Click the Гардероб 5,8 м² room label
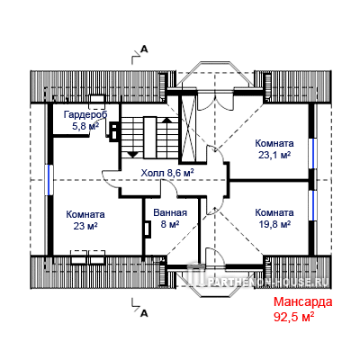click(85, 121)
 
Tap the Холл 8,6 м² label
click(167, 173)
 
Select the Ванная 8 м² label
click(170, 218)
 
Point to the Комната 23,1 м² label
click(274, 148)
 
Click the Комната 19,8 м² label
click(274, 218)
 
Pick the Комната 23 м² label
click(85, 220)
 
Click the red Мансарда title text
click(302, 301)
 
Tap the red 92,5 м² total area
click(293, 316)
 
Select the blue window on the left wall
click(49, 180)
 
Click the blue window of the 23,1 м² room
click(312, 154)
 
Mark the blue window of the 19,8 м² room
click(312, 205)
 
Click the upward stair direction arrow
click(166, 120)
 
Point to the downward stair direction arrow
click(132, 154)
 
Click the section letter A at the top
click(144, 49)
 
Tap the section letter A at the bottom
click(144, 313)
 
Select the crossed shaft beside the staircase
click(187, 128)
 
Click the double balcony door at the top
click(216, 101)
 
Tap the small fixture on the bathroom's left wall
click(147, 229)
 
